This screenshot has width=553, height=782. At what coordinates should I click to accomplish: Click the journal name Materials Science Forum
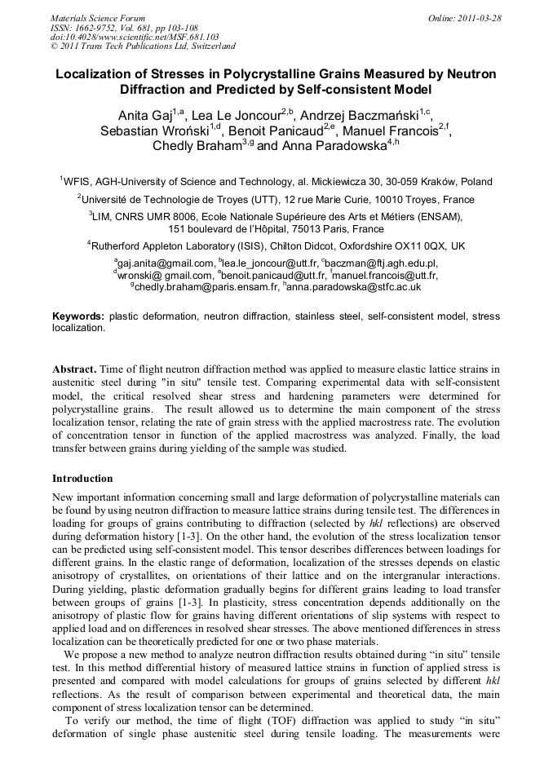click(x=98, y=17)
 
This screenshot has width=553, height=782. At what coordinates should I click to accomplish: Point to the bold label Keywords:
click(x=78, y=316)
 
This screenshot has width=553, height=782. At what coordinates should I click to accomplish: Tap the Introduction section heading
click(x=82, y=478)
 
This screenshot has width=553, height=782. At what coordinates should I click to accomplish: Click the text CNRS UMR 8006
click(x=156, y=217)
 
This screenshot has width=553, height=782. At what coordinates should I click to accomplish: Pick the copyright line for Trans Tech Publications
click(x=143, y=46)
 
